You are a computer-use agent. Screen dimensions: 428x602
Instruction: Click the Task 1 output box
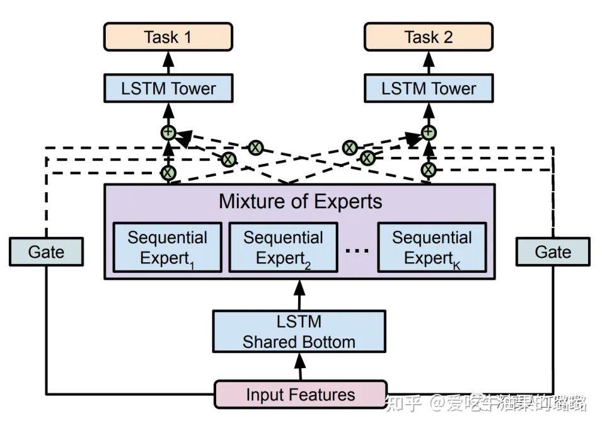pyautogui.click(x=168, y=37)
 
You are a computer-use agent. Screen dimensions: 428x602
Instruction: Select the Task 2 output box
pyautogui.click(x=429, y=37)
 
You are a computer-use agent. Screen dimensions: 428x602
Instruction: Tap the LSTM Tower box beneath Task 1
pyautogui.click(x=168, y=88)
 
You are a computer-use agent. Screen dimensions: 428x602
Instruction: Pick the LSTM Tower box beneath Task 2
pyautogui.click(x=429, y=88)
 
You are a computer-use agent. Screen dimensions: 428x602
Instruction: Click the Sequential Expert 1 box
pyautogui.click(x=167, y=247)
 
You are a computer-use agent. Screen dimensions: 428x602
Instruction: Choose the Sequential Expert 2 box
pyautogui.click(x=283, y=247)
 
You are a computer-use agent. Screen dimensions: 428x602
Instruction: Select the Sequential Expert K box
pyautogui.click(x=432, y=247)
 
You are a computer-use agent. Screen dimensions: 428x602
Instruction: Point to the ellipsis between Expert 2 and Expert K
pyautogui.click(x=356, y=250)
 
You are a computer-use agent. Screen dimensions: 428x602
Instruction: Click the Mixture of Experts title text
pyautogui.click(x=300, y=201)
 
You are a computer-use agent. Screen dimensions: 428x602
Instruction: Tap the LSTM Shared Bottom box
pyautogui.click(x=299, y=331)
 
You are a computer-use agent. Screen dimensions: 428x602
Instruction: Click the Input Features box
pyautogui.click(x=300, y=395)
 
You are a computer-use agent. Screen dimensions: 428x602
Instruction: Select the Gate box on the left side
pyautogui.click(x=46, y=252)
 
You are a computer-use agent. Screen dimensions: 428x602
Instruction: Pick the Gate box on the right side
pyautogui.click(x=553, y=252)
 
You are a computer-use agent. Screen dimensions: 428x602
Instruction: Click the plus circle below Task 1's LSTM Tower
pyautogui.click(x=168, y=132)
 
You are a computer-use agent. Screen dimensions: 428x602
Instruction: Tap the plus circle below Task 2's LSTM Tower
pyautogui.click(x=429, y=132)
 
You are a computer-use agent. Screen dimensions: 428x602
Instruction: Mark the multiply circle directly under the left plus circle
pyautogui.click(x=168, y=171)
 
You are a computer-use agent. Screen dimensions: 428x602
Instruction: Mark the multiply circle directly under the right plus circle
pyautogui.click(x=429, y=170)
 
